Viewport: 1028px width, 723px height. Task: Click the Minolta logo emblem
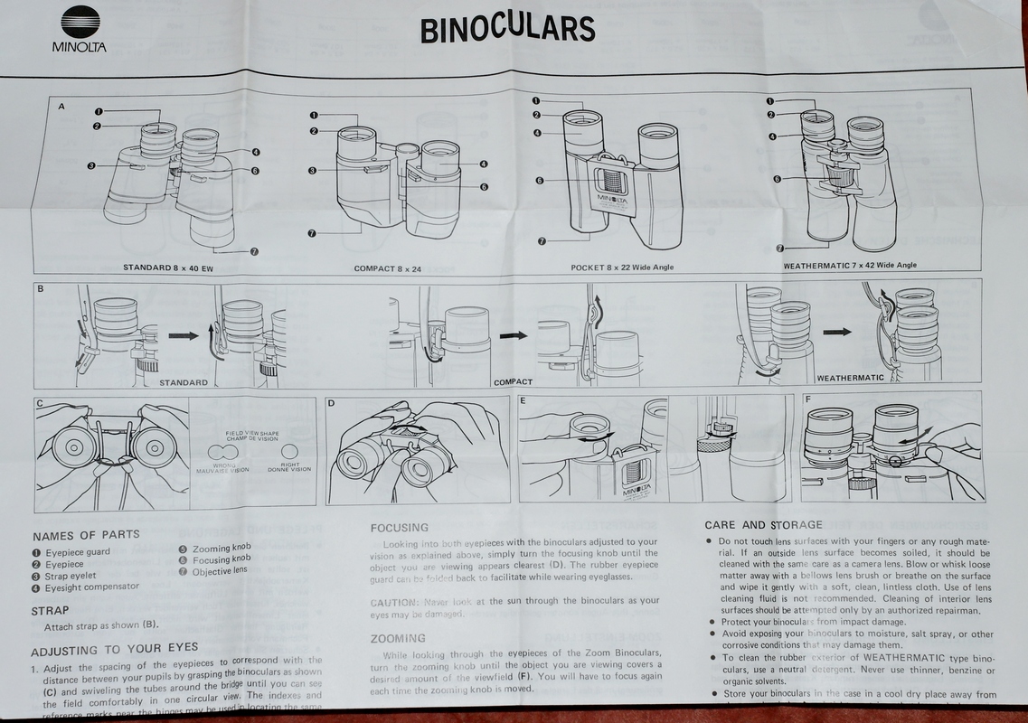click(x=80, y=21)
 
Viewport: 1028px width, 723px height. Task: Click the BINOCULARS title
click(x=507, y=28)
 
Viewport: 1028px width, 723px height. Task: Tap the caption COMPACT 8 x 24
click(x=388, y=268)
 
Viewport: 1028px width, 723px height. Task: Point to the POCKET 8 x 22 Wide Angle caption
click(x=622, y=268)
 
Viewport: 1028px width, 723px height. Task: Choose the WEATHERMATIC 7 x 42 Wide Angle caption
click(x=850, y=266)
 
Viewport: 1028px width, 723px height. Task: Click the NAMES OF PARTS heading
click(x=86, y=535)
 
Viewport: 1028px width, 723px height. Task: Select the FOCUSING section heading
click(x=400, y=527)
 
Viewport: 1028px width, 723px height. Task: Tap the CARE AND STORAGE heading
click(x=763, y=524)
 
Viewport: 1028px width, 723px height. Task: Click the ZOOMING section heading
click(x=398, y=638)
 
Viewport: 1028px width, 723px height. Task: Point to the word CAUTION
click(x=391, y=601)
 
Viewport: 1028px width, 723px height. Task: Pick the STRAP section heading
click(x=51, y=611)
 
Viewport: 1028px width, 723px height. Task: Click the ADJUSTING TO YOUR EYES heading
click(x=114, y=650)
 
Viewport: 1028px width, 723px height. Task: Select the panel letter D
click(x=331, y=402)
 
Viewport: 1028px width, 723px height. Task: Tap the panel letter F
click(x=807, y=399)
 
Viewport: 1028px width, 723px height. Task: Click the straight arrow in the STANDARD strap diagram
click(x=184, y=335)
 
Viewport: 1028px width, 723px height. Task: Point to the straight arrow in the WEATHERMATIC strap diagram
click(x=836, y=332)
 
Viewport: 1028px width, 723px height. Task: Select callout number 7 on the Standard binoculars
click(x=254, y=250)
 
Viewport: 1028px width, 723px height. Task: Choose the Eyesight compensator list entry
click(x=91, y=587)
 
